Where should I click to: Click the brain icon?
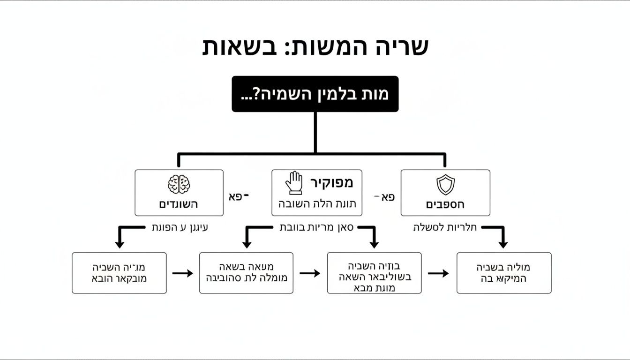pos(179,184)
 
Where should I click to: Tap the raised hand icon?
pos(294,183)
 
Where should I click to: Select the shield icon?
pos(445,184)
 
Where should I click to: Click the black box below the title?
pos(315,94)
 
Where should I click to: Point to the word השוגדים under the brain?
pos(179,205)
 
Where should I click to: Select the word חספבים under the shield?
pos(445,205)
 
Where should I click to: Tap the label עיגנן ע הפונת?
pos(180,228)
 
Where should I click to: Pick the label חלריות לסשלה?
pos(445,228)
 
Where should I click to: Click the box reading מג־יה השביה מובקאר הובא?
pos(119,273)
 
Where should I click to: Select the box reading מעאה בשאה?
pos(246,273)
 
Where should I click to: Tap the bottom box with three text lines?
pos(374,273)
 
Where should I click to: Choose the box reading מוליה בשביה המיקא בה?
pos(504,273)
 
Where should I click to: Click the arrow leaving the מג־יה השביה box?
pos(182,273)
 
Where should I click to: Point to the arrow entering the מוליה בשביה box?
pos(438,273)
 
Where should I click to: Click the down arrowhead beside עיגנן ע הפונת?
pos(120,244)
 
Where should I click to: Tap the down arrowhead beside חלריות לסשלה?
pos(503,244)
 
